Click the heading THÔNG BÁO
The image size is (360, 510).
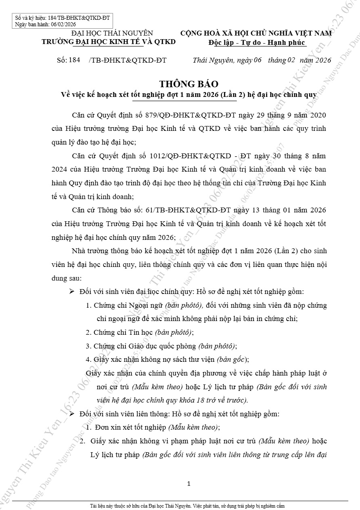tap(189, 84)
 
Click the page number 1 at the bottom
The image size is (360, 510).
tap(189, 483)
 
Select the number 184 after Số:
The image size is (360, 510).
tap(74, 61)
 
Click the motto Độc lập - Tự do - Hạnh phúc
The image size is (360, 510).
tap(257, 43)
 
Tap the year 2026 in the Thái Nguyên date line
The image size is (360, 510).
tap(323, 61)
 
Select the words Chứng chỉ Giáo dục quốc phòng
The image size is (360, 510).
tap(145, 346)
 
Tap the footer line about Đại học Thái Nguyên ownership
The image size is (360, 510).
tap(188, 506)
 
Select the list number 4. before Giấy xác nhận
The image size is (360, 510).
tap(88, 359)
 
